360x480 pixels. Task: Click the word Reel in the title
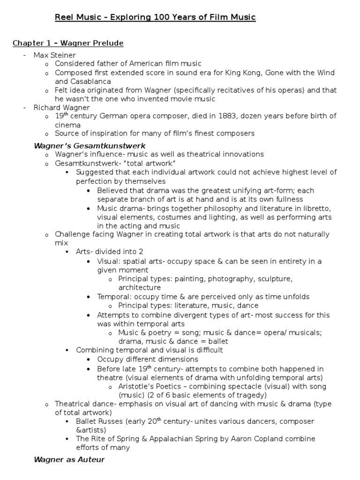coord(64,18)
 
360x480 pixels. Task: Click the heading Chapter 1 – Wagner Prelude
coord(68,44)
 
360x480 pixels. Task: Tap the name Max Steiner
coord(55,55)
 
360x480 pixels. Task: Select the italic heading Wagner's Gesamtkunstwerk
coord(90,145)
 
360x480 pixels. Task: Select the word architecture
coord(140,287)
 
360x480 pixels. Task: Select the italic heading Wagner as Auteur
coord(69,459)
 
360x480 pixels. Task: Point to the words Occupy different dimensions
coord(148,359)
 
